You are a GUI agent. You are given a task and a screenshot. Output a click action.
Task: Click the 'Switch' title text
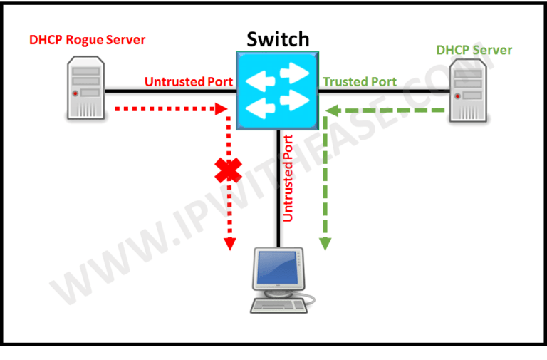click(x=278, y=38)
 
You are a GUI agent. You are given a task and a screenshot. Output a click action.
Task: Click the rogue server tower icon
click(x=85, y=90)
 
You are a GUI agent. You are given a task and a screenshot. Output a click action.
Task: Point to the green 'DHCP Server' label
click(x=474, y=50)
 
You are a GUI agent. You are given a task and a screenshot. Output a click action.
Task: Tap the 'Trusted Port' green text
click(x=360, y=82)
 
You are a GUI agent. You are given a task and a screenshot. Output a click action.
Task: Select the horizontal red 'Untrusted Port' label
click(x=189, y=82)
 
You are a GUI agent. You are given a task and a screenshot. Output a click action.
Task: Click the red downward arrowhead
click(x=229, y=243)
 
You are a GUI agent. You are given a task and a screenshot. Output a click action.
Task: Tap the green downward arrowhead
click(x=325, y=243)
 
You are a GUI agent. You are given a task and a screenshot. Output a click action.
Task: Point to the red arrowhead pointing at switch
click(x=220, y=110)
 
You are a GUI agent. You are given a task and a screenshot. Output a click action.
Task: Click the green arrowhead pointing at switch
click(x=333, y=110)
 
